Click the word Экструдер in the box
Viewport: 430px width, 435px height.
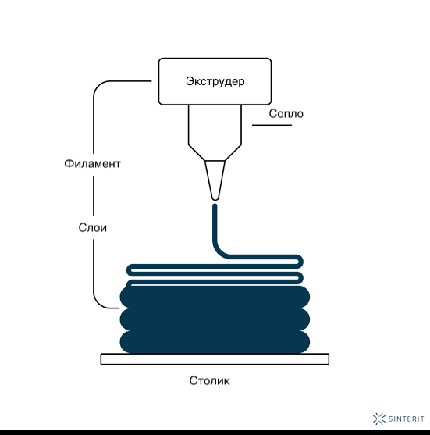(215, 81)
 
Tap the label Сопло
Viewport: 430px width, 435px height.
(286, 114)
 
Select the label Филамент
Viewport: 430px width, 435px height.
(92, 164)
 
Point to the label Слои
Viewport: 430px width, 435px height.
(93, 228)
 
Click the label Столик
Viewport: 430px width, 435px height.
(209, 380)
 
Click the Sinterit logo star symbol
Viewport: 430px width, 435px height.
(379, 419)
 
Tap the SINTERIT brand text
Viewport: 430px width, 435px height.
(406, 419)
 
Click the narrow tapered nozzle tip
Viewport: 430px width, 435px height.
(215, 180)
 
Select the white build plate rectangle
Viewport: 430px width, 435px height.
(215, 359)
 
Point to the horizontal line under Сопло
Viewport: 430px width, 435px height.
(272, 125)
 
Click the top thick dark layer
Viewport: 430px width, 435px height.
(215, 297)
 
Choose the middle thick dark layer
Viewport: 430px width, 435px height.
(215, 319)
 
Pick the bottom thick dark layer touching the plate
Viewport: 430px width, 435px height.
(215, 342)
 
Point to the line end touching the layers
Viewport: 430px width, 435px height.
(119, 308)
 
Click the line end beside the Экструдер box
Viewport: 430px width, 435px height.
(151, 81)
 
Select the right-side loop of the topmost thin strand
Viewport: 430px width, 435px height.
(299, 262)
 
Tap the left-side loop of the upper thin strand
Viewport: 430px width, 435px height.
(129, 269)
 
